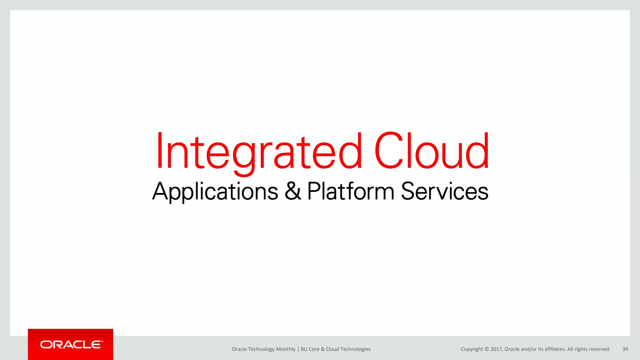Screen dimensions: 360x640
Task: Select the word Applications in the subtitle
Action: pyautogui.click(x=215, y=191)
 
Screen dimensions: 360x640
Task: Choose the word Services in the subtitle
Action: pyautogui.click(x=444, y=191)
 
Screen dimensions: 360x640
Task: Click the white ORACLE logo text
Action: pyautogui.click(x=71, y=345)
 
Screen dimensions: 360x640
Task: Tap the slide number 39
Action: pyautogui.click(x=625, y=349)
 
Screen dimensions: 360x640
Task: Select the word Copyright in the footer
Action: pyautogui.click(x=472, y=349)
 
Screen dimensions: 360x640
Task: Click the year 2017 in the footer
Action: pyautogui.click(x=496, y=349)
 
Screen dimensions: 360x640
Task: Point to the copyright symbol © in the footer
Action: pyautogui.click(x=487, y=349)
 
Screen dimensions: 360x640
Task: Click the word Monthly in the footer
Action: pyautogui.click(x=286, y=349)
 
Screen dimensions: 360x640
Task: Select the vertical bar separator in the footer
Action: pyautogui.click(x=298, y=349)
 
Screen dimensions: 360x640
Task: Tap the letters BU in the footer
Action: pyautogui.click(x=304, y=349)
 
